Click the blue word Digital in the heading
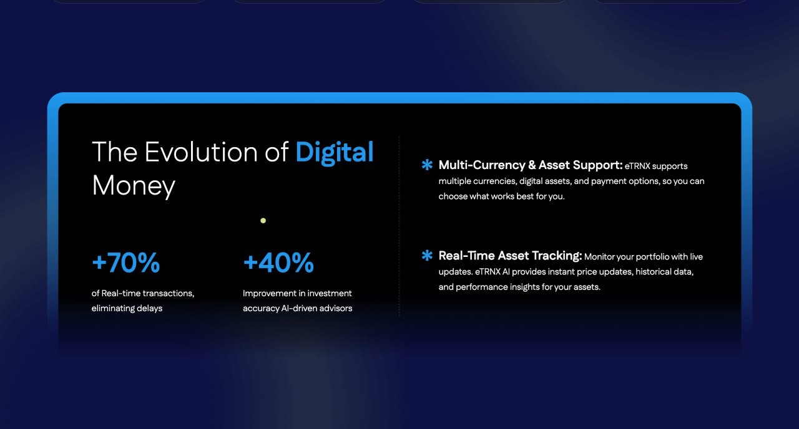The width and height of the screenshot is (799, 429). click(334, 153)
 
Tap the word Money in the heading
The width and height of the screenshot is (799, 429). click(134, 186)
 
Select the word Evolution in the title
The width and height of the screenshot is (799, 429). click(201, 152)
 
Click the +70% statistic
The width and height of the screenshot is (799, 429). click(126, 263)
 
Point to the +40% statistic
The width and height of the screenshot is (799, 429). click(278, 263)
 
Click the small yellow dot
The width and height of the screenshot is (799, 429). click(263, 221)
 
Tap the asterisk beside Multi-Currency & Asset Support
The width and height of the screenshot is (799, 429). click(427, 165)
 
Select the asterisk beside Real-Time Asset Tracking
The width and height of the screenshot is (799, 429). click(427, 255)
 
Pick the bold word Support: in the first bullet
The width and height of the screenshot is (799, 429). click(597, 166)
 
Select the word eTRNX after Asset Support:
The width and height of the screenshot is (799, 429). click(637, 166)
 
